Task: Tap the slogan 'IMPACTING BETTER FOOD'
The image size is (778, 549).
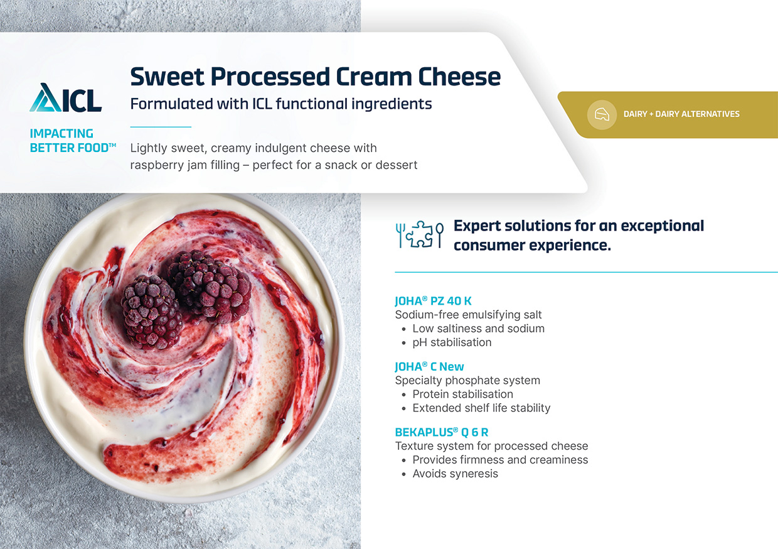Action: (x=73, y=141)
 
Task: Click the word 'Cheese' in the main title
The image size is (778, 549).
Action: (x=459, y=77)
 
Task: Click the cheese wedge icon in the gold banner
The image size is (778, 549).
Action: (x=602, y=114)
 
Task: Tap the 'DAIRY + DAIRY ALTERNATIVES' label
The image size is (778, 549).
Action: (x=681, y=114)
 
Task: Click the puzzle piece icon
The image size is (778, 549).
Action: (x=420, y=234)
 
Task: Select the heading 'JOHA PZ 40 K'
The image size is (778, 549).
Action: (x=433, y=301)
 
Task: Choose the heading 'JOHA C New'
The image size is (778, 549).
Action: (x=429, y=366)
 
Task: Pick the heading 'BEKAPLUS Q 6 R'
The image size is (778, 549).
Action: (x=442, y=432)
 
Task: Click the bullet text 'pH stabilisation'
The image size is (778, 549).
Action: (x=452, y=342)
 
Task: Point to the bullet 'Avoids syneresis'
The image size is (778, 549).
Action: (x=455, y=474)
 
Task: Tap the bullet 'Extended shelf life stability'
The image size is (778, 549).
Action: (x=481, y=408)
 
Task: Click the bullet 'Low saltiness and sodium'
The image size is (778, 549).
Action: (x=478, y=329)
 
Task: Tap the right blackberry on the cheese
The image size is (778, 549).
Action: (x=209, y=286)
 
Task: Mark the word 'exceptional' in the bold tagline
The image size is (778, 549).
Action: (x=662, y=226)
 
